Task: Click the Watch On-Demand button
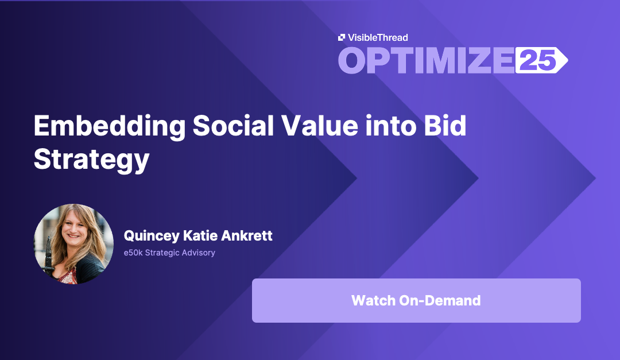[x=416, y=300]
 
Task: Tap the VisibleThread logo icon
[x=341, y=38]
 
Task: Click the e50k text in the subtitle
[x=133, y=253]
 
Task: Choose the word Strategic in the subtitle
[x=162, y=253]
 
